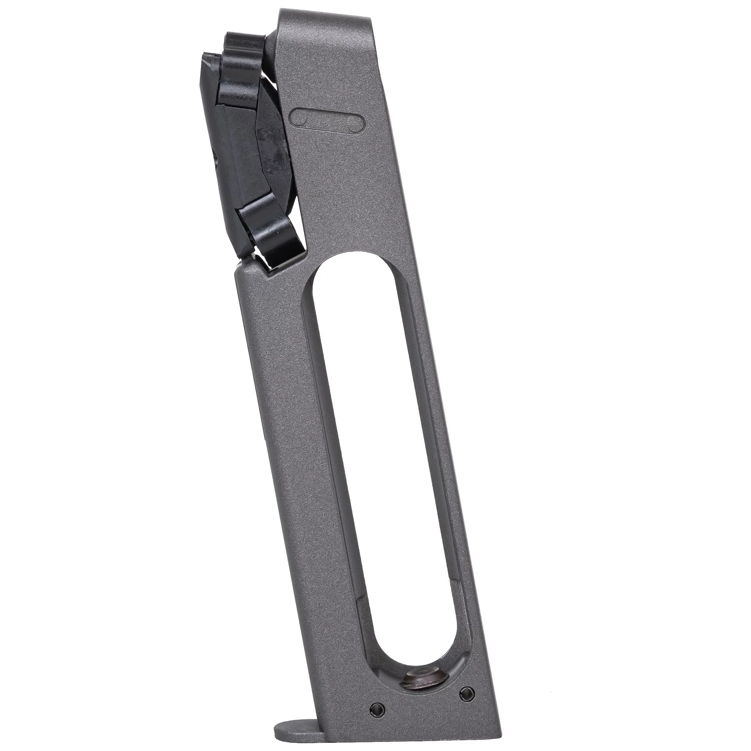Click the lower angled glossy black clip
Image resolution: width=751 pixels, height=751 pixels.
pyautogui.click(x=272, y=237)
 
